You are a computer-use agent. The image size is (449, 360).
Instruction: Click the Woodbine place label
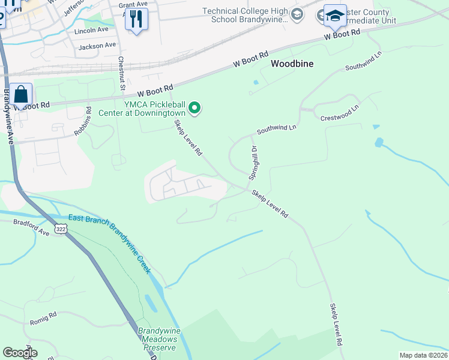[x=293, y=63]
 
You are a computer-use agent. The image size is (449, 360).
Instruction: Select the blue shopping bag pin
[x=21, y=95]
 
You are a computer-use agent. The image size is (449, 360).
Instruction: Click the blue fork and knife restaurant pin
[x=136, y=20]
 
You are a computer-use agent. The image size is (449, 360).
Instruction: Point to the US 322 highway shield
[x=61, y=229]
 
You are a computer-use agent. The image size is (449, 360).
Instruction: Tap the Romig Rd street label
[x=43, y=319]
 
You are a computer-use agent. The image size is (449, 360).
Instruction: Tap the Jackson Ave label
[x=97, y=46]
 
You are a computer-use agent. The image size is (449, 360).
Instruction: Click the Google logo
[x=20, y=352]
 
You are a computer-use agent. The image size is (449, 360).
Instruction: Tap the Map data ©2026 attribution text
[x=423, y=355]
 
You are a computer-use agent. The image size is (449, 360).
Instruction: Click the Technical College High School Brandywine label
[x=245, y=15]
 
